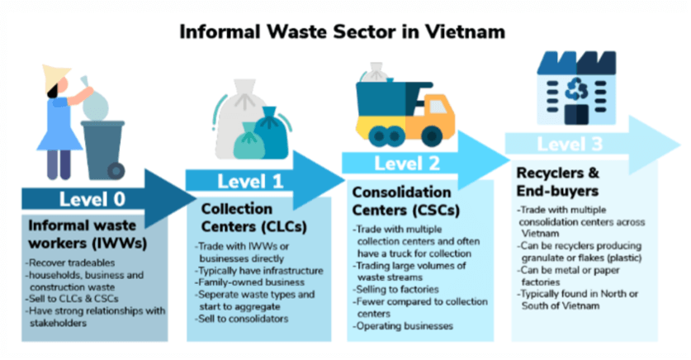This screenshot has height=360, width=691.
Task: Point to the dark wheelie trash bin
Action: click(103, 149)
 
